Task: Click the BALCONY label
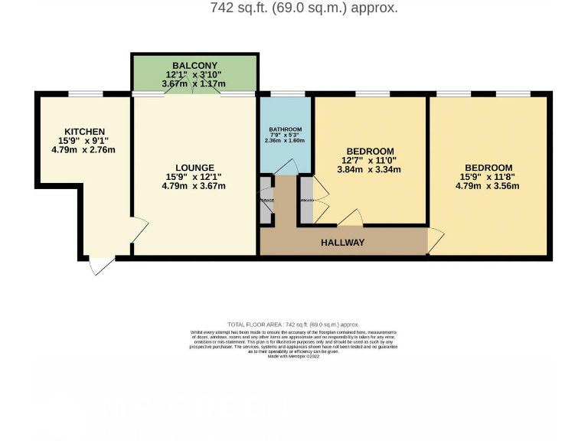tap(194, 65)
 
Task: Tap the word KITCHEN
tap(84, 132)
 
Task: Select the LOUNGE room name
tap(194, 168)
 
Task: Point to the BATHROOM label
tap(285, 129)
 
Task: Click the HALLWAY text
tap(343, 243)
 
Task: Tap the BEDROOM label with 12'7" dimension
tap(370, 151)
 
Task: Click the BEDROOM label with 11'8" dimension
tap(488, 168)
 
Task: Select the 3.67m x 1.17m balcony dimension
tap(194, 83)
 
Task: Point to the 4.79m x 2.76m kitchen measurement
tap(83, 150)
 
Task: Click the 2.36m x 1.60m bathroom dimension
tap(285, 141)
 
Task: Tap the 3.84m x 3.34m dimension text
tap(370, 170)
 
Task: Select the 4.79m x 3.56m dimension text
tap(488, 186)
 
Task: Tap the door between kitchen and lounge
tap(139, 230)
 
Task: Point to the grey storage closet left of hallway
tap(266, 200)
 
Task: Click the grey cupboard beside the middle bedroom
tap(305, 200)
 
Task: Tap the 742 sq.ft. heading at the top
tap(303, 8)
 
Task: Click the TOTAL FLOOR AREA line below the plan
tap(293, 325)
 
